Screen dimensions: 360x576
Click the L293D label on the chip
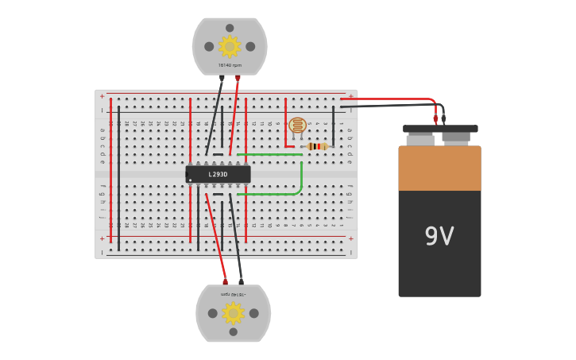click(x=218, y=174)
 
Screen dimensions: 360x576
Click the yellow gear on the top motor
click(x=230, y=46)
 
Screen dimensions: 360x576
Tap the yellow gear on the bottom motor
click(x=233, y=313)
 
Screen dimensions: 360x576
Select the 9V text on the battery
click(x=439, y=236)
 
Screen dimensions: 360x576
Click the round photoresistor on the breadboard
click(x=297, y=126)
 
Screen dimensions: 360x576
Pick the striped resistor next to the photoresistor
click(x=316, y=146)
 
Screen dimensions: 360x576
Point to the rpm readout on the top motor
click(x=230, y=65)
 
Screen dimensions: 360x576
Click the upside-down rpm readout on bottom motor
click(x=233, y=294)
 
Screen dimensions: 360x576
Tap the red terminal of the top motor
click(x=238, y=78)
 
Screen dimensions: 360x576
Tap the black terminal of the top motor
click(x=222, y=78)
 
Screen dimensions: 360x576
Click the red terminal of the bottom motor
click(x=225, y=281)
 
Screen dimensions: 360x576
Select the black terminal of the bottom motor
click(x=241, y=281)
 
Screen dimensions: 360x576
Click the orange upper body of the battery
click(x=439, y=168)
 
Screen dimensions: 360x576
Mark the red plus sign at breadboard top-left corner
click(x=102, y=96)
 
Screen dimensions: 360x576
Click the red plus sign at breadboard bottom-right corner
click(x=350, y=238)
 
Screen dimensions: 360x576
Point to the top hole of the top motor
click(x=230, y=28)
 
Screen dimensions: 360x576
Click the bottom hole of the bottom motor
click(x=233, y=331)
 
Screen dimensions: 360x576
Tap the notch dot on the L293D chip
click(x=191, y=180)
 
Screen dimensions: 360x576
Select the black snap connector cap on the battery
click(x=440, y=129)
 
